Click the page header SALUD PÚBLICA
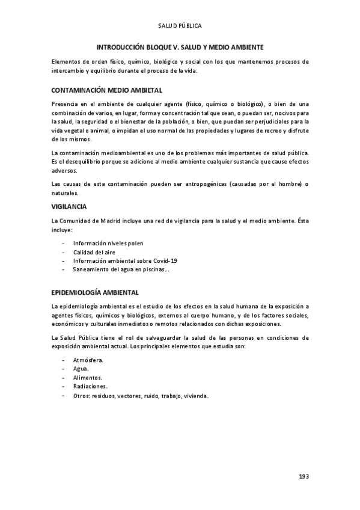180,26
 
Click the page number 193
304,476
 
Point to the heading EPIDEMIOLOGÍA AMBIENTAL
96,292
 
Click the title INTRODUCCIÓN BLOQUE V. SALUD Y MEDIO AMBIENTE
180,46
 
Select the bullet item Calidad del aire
94,252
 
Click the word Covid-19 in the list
165,260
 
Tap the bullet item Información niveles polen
108,243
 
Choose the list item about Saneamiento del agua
121,269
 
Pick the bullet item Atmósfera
88,360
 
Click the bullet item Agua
81,369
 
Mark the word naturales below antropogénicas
66,192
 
